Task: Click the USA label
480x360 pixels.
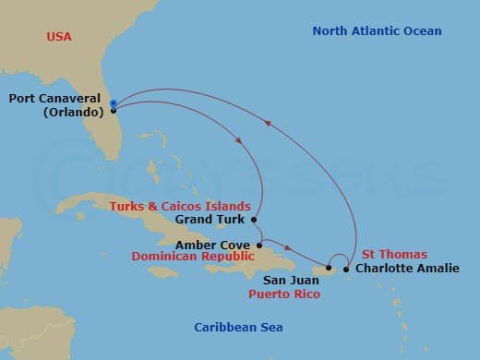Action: pyautogui.click(x=60, y=37)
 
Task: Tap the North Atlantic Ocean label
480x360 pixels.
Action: pyautogui.click(x=377, y=31)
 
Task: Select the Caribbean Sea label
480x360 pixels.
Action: pyautogui.click(x=238, y=328)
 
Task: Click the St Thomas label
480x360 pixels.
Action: pyautogui.click(x=394, y=254)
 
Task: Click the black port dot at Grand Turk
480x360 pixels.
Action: pyautogui.click(x=253, y=220)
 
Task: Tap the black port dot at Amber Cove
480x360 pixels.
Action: pyautogui.click(x=259, y=245)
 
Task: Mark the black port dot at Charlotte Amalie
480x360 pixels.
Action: pyautogui.click(x=346, y=270)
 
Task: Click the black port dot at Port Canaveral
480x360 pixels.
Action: pyautogui.click(x=113, y=111)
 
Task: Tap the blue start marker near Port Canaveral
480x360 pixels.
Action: pyautogui.click(x=113, y=102)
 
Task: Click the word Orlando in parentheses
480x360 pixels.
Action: pyautogui.click(x=70, y=113)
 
